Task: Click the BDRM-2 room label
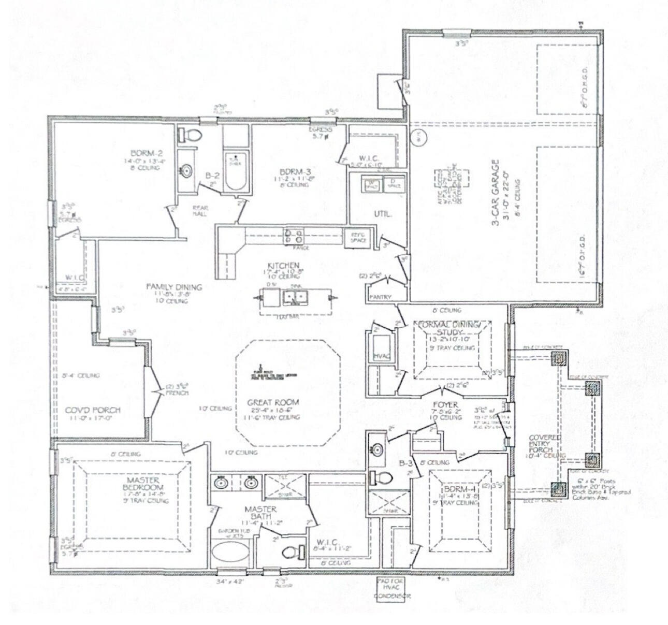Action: click(x=140, y=153)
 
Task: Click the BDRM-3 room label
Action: click(x=295, y=171)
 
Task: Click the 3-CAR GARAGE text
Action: click(x=496, y=193)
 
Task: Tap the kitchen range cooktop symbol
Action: click(x=293, y=236)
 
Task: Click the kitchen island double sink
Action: click(x=295, y=297)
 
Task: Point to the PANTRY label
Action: click(x=380, y=297)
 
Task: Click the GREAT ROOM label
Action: click(x=273, y=402)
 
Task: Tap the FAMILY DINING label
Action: click(x=167, y=286)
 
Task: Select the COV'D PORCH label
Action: click(x=85, y=410)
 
